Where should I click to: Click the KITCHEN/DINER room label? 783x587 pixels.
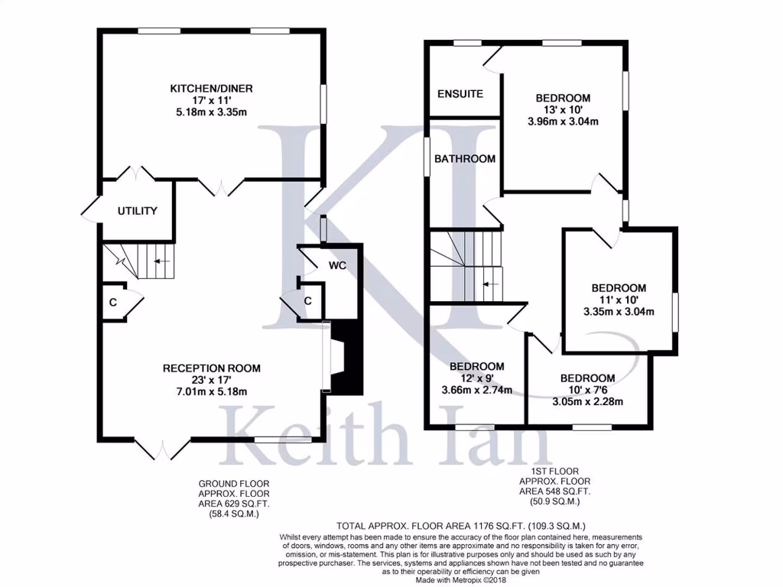(x=211, y=89)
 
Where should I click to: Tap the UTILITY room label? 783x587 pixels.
(x=137, y=211)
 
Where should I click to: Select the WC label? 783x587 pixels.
(x=338, y=266)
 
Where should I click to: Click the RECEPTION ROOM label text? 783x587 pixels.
(x=211, y=368)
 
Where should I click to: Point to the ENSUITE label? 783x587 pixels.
(x=460, y=94)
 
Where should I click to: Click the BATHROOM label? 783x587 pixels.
(x=465, y=159)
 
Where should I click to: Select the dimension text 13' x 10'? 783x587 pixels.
(x=563, y=109)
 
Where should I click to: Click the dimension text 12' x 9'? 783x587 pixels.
(x=476, y=378)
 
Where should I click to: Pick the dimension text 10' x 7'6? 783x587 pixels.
(x=587, y=390)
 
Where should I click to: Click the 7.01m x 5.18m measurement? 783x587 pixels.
(x=211, y=391)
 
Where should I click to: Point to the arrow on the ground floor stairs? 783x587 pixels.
(x=161, y=261)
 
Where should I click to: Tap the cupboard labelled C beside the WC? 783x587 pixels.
(x=307, y=301)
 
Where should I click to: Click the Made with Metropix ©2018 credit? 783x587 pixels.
(x=460, y=579)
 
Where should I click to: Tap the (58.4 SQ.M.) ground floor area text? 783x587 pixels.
(x=234, y=514)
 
